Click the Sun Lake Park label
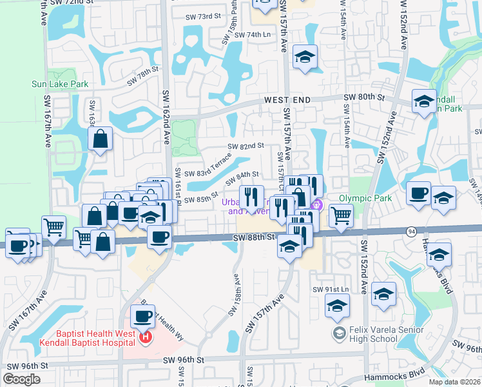[60, 84]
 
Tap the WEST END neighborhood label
[287, 100]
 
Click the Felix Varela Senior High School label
[383, 334]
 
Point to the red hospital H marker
[146, 336]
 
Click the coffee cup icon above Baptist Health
[142, 316]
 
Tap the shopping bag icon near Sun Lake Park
[101, 138]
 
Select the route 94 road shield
[410, 231]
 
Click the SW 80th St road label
[364, 97]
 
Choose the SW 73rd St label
[203, 17]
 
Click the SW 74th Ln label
[253, 35]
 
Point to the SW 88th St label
[254, 237]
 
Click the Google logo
[21, 379]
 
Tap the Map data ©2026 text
[454, 382]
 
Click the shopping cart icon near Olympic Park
[341, 215]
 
